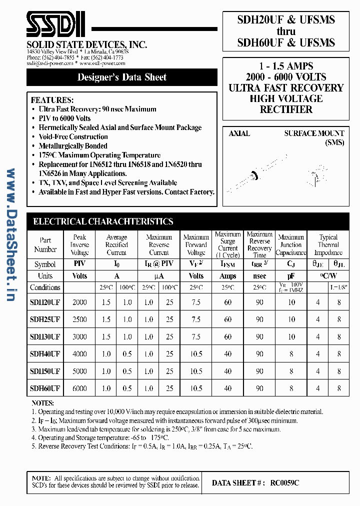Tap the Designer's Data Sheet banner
click(122, 77)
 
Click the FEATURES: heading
click(52, 100)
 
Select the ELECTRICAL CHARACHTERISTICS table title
click(103, 221)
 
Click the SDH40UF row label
click(45, 354)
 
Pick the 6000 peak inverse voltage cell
click(79, 388)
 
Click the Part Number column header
click(45, 244)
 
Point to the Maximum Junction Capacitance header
click(291, 245)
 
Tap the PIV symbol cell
click(79, 264)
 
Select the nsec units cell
click(259, 275)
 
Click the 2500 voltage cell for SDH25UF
click(79, 319)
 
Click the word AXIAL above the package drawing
click(239, 133)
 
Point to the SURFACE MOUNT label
click(314, 133)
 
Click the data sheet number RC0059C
click(285, 483)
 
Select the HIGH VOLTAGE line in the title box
click(286, 98)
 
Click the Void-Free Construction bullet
click(73, 136)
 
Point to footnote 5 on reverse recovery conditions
click(145, 445)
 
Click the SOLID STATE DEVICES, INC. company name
click(87, 45)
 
